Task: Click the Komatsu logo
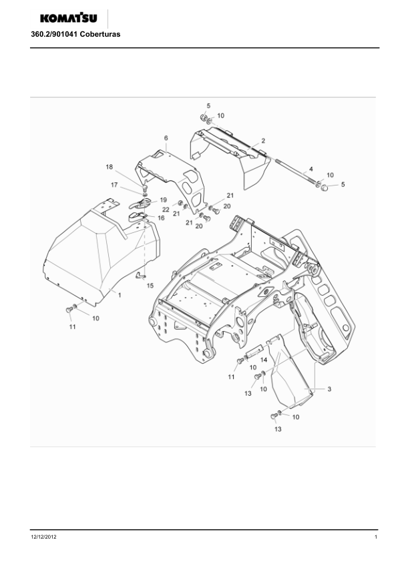(69, 18)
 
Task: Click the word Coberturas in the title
(100, 35)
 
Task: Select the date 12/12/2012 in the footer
(44, 537)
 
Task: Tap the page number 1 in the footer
(376, 537)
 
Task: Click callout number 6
(166, 138)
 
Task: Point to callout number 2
(263, 140)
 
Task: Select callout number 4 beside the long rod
(311, 169)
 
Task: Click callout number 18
(110, 167)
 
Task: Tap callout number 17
(114, 185)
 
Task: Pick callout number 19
(163, 200)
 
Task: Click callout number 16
(161, 218)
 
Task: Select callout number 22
(166, 210)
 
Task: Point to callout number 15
(150, 286)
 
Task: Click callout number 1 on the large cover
(120, 295)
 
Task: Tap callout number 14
(264, 360)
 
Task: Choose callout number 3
(329, 389)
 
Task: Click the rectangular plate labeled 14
(255, 350)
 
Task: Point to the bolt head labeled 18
(145, 188)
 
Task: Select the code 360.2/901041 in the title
(54, 35)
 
